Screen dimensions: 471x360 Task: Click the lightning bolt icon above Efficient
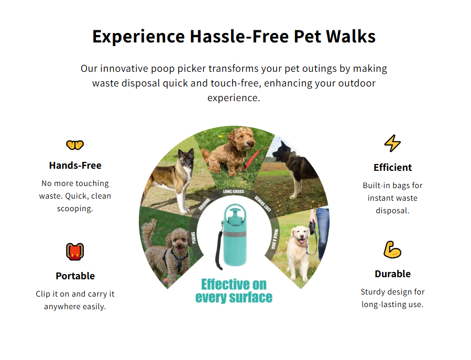[x=392, y=143]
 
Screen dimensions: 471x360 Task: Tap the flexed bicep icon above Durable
[x=392, y=249]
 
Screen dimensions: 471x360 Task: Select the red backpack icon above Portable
[x=75, y=252]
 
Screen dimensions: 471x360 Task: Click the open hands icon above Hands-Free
[x=75, y=145]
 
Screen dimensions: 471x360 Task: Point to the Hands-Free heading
[x=75, y=165]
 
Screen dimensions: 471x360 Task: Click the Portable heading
[x=75, y=276]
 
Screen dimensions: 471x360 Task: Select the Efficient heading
[x=392, y=167]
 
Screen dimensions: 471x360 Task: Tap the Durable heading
[x=392, y=274]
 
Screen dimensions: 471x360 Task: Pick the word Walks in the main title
[x=351, y=36]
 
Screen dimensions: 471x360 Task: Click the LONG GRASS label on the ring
[x=233, y=191]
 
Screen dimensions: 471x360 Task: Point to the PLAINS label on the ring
[x=194, y=237]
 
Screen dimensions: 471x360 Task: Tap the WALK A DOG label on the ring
[x=274, y=239]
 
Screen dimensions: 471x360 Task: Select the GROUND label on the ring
[x=204, y=204]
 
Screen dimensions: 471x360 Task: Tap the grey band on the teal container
[x=235, y=234]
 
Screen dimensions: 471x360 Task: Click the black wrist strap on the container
[x=218, y=250]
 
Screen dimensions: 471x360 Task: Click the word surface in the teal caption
[x=250, y=298]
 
